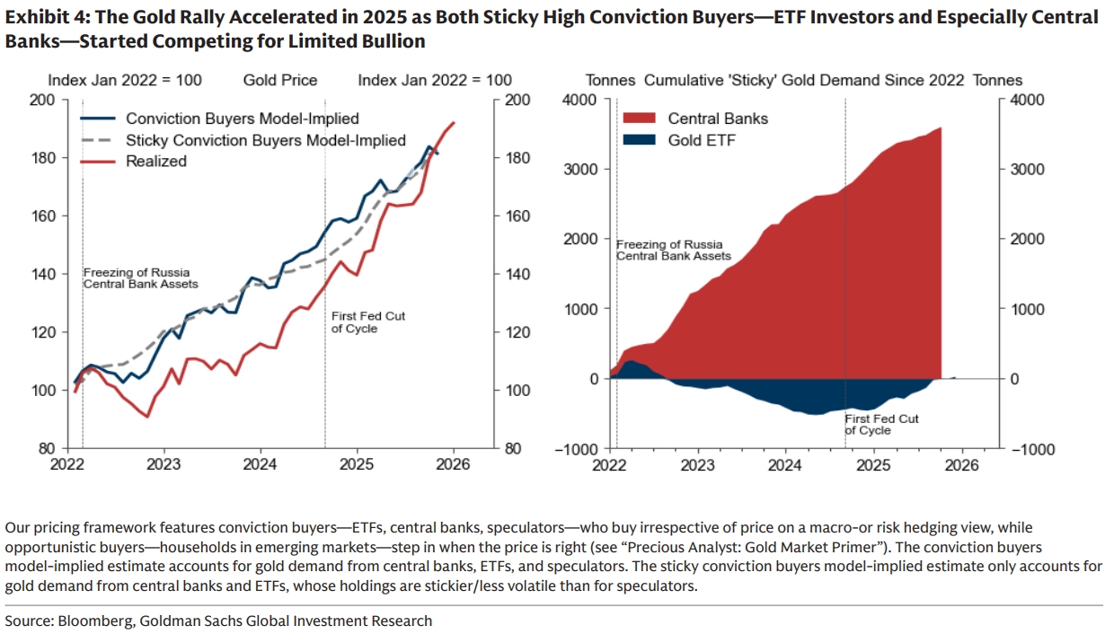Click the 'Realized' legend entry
[x=156, y=162]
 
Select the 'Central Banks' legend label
[x=718, y=119]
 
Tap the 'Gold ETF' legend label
[x=702, y=140]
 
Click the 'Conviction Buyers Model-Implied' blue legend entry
[x=242, y=119]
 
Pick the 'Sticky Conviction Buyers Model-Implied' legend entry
[x=266, y=140]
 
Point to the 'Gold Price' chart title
[x=280, y=80]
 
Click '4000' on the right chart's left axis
[x=580, y=100]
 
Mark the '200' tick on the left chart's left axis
[x=42, y=100]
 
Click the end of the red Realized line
[x=454, y=123]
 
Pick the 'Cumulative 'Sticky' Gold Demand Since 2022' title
[x=791, y=80]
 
